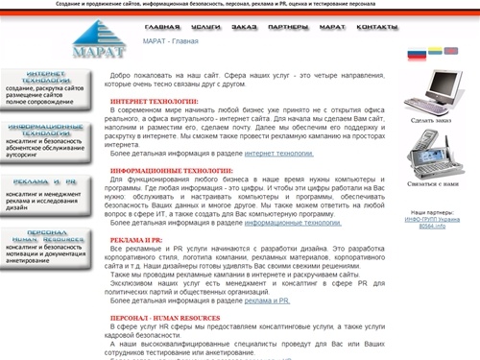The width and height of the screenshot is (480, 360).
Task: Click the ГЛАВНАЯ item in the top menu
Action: coord(162,28)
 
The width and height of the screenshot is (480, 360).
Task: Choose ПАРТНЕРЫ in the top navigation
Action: coord(289,28)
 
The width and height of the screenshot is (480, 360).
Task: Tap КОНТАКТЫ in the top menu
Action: coord(376,28)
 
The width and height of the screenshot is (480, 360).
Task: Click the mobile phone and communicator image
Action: coord(429,152)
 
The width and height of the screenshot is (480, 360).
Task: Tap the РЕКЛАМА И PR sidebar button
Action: coord(45,180)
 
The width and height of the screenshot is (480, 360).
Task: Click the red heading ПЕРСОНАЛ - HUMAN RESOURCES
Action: coord(165,318)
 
